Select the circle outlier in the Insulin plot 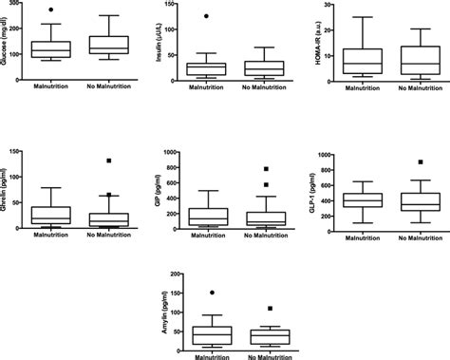203,17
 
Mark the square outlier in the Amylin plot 271,309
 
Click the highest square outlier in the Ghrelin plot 109,161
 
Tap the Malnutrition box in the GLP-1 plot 363,200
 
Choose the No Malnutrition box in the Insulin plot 263,67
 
